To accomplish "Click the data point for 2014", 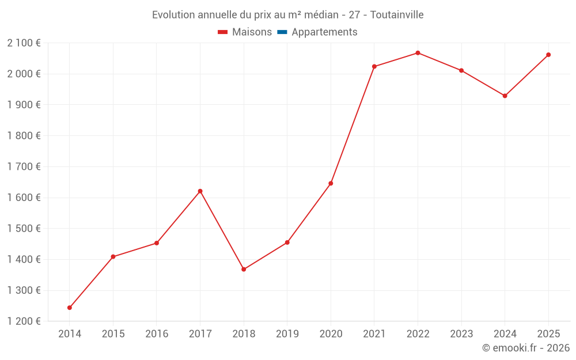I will coord(70,308).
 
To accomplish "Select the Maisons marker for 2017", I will coord(200,191).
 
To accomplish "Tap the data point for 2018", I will coord(244,269).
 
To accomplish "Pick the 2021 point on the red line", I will coord(374,67).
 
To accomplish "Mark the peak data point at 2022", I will coord(418,53).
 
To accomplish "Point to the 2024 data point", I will coord(505,96).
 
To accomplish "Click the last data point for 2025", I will coord(548,55).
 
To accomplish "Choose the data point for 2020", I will coord(331,183).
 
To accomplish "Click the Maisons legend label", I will coord(252,32).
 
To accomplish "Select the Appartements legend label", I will coord(324,32).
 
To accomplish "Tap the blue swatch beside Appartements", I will coord(282,32).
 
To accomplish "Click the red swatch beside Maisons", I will coord(223,32).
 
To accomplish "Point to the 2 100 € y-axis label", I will coord(24,43).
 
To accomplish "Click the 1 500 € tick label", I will coord(24,229).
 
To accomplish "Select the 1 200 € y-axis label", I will coord(24,321).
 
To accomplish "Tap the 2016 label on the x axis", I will coord(157,334).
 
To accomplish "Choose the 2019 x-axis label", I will coord(287,334).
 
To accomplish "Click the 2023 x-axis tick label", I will coord(461,334).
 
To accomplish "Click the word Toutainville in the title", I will coord(397,15).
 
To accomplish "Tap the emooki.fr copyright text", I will coord(526,348).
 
